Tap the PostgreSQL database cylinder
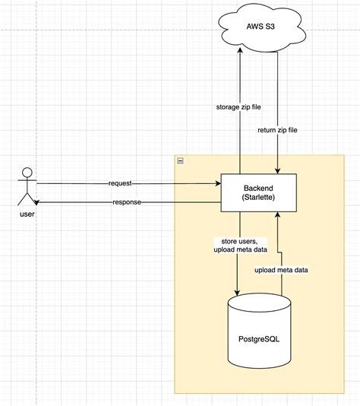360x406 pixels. click(x=259, y=334)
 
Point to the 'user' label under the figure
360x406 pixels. click(x=27, y=215)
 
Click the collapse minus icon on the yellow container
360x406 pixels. click(x=179, y=160)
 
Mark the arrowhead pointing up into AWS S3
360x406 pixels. click(x=239, y=50)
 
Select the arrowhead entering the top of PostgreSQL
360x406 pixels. click(x=238, y=293)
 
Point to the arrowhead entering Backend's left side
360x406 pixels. click(x=216, y=183)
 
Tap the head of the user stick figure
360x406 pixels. click(x=27, y=170)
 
